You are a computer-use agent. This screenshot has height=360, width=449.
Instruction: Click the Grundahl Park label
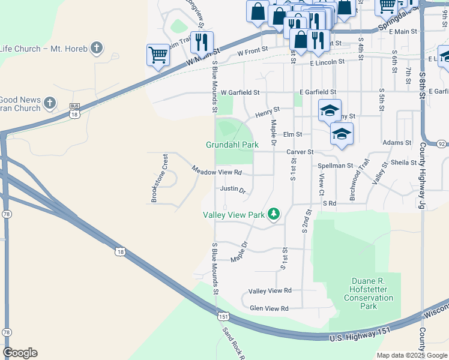point(232,145)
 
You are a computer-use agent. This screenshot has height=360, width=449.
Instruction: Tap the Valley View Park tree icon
point(274,214)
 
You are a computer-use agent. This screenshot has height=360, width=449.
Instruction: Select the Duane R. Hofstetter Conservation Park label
point(372,293)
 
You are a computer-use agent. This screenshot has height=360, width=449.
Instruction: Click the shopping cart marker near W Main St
point(158,55)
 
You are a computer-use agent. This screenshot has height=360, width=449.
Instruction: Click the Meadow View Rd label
point(217,171)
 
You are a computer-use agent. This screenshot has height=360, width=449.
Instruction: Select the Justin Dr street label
point(233,189)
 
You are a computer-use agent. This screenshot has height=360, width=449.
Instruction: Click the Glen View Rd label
point(268,308)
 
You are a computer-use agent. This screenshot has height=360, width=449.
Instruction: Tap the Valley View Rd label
point(270,290)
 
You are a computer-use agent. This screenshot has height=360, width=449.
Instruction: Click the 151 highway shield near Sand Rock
point(223,316)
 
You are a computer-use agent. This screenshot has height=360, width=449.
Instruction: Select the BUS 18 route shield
point(74,110)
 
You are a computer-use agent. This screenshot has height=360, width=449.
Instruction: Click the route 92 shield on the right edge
point(442,144)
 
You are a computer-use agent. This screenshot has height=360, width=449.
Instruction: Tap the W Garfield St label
point(240,93)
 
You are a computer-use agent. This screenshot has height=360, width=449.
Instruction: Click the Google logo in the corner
point(20,353)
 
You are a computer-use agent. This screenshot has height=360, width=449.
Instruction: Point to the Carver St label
point(300,152)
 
